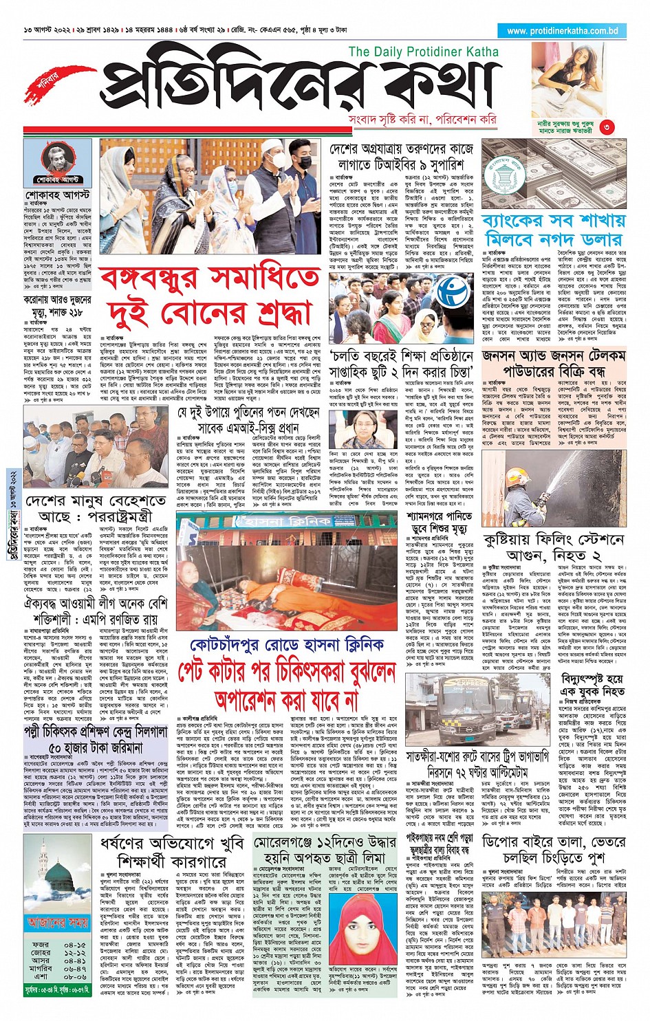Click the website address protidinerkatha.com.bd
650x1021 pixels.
click(562, 31)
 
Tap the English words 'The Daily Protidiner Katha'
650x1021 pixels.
click(423, 52)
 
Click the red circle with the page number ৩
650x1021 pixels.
click(607, 127)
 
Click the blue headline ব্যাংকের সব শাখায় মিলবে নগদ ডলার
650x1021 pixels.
click(554, 230)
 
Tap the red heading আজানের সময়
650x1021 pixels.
click(57, 922)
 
